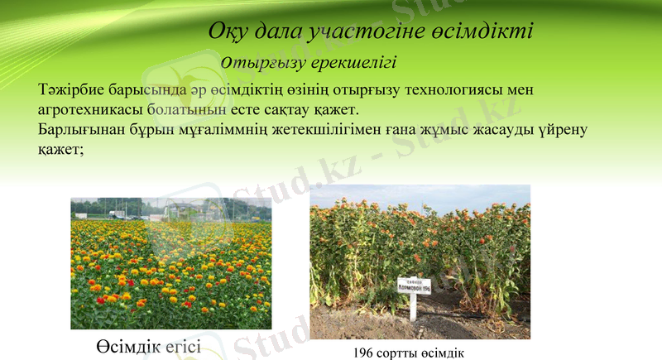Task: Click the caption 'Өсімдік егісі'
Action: pos(147,345)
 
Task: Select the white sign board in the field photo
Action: pos(414,286)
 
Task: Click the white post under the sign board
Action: pos(413,307)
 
